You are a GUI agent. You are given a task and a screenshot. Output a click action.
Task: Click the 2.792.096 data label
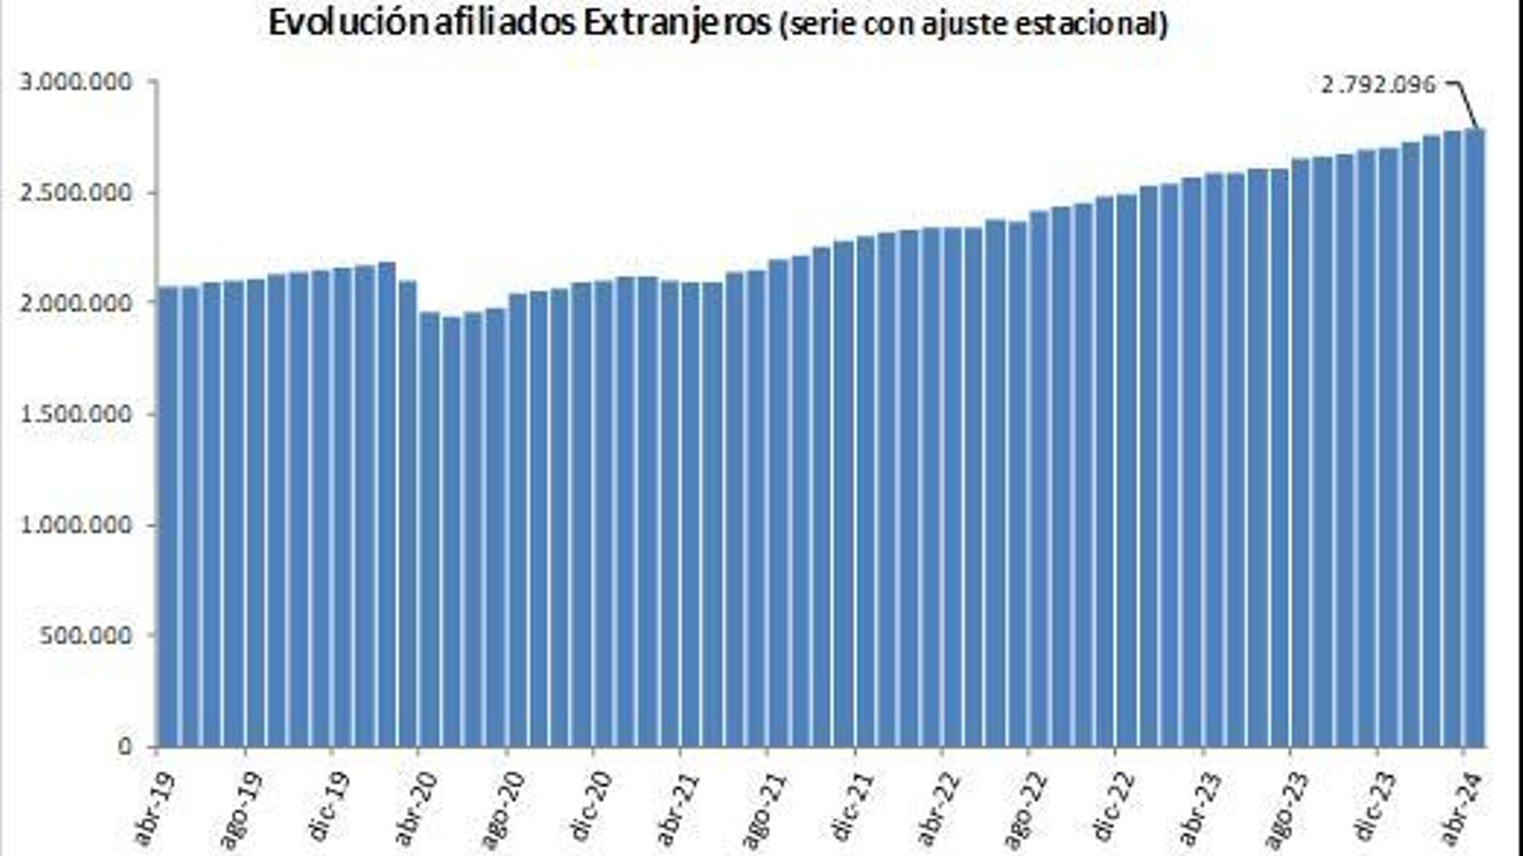1377,85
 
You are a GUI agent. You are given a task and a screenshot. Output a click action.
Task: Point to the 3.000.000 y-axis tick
75,82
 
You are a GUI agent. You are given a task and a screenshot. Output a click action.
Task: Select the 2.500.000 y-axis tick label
75,193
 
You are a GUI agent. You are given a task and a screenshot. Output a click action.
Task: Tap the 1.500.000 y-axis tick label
75,414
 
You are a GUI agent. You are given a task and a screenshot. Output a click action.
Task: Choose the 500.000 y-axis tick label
85,635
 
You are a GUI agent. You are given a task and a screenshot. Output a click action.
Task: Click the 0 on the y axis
124,747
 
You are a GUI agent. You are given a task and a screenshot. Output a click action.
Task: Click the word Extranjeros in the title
676,24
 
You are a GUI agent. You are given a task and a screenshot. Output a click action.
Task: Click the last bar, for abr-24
1474,438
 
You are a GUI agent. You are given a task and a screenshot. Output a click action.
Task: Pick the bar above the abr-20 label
408,514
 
